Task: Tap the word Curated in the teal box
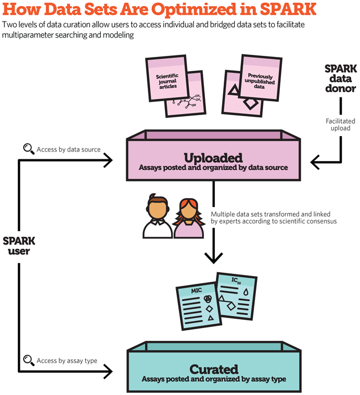coord(213,369)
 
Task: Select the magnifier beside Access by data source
coord(28,148)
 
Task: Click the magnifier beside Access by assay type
coord(28,361)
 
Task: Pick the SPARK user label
coord(19,246)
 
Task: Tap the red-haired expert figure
coord(189,217)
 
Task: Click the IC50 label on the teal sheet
coord(235,280)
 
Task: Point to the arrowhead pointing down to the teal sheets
coord(213,256)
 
